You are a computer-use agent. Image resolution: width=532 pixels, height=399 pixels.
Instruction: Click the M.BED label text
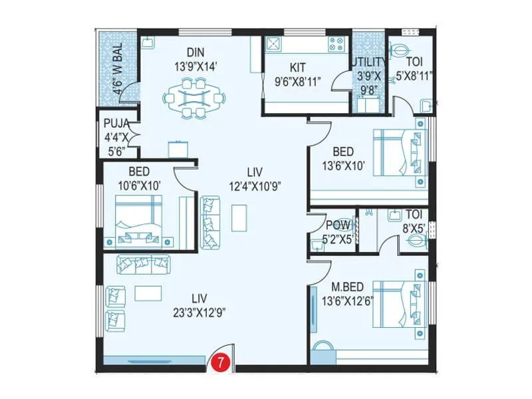tap(347, 287)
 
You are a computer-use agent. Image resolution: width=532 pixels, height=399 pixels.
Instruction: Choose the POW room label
tap(338, 224)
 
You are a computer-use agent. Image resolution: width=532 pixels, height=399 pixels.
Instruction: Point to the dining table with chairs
tap(194, 98)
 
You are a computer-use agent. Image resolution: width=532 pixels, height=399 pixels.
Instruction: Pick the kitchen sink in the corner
tap(273, 45)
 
